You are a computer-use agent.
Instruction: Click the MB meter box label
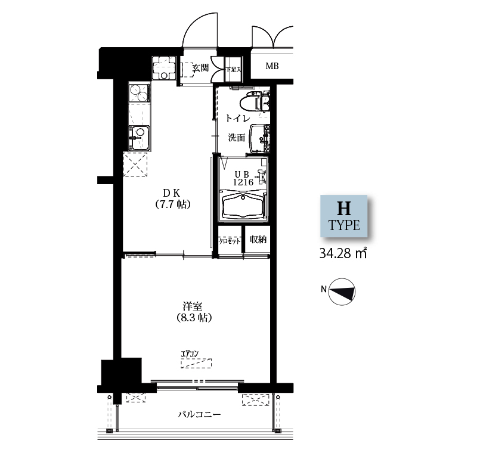pyautogui.click(x=272, y=66)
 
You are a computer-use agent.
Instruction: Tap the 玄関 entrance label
pyautogui.click(x=201, y=68)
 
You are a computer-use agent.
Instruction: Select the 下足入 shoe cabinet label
pyautogui.click(x=233, y=70)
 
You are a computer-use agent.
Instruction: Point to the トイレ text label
pyautogui.click(x=237, y=118)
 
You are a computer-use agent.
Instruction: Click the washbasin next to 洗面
pyautogui.click(x=259, y=139)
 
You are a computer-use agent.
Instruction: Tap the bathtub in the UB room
pyautogui.click(x=243, y=205)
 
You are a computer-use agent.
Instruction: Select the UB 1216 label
pyautogui.click(x=243, y=178)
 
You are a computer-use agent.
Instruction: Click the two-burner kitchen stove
pyautogui.click(x=140, y=93)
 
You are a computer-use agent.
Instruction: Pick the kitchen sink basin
pyautogui.click(x=140, y=138)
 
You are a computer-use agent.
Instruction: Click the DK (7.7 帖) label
pyautogui.click(x=173, y=199)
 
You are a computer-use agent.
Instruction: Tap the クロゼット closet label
pyautogui.click(x=230, y=241)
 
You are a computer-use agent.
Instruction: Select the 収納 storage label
pyautogui.click(x=258, y=240)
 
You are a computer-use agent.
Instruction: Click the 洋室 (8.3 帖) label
pyautogui.click(x=194, y=312)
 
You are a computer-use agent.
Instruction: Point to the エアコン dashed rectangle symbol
pyautogui.click(x=196, y=364)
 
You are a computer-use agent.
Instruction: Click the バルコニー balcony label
pyautogui.click(x=199, y=414)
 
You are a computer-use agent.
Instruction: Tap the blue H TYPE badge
pyautogui.click(x=344, y=216)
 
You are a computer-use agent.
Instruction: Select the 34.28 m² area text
pyautogui.click(x=343, y=253)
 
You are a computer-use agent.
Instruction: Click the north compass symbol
pyautogui.click(x=342, y=291)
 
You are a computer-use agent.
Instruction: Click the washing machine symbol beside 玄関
pyautogui.click(x=165, y=68)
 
